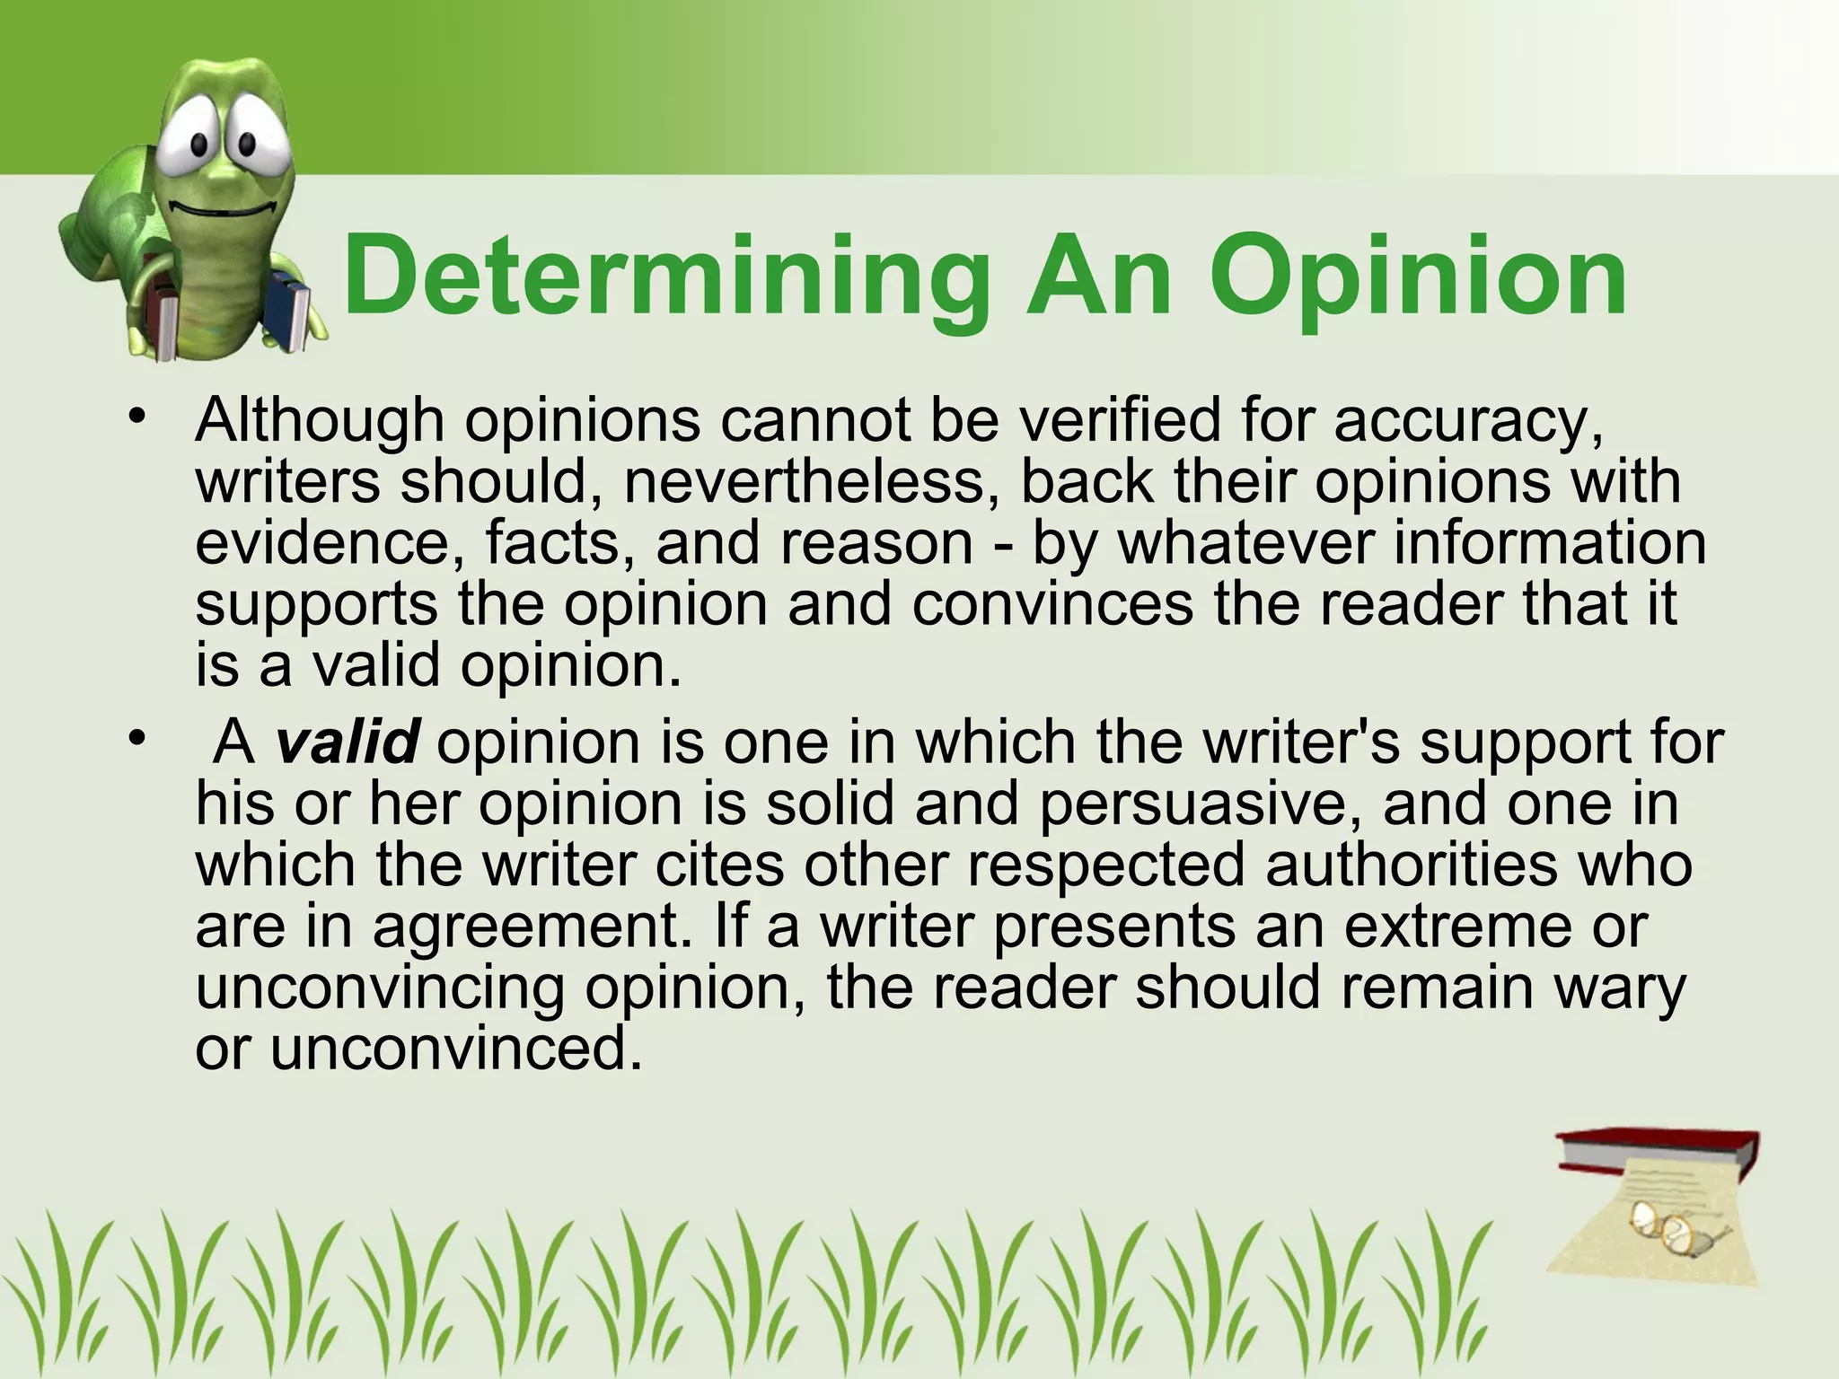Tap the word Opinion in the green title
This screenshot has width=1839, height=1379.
point(1418,277)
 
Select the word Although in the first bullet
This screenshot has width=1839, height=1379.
point(320,420)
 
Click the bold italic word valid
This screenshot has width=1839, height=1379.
point(347,742)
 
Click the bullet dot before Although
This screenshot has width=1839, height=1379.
point(136,416)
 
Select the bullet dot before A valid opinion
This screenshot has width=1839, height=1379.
point(136,739)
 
